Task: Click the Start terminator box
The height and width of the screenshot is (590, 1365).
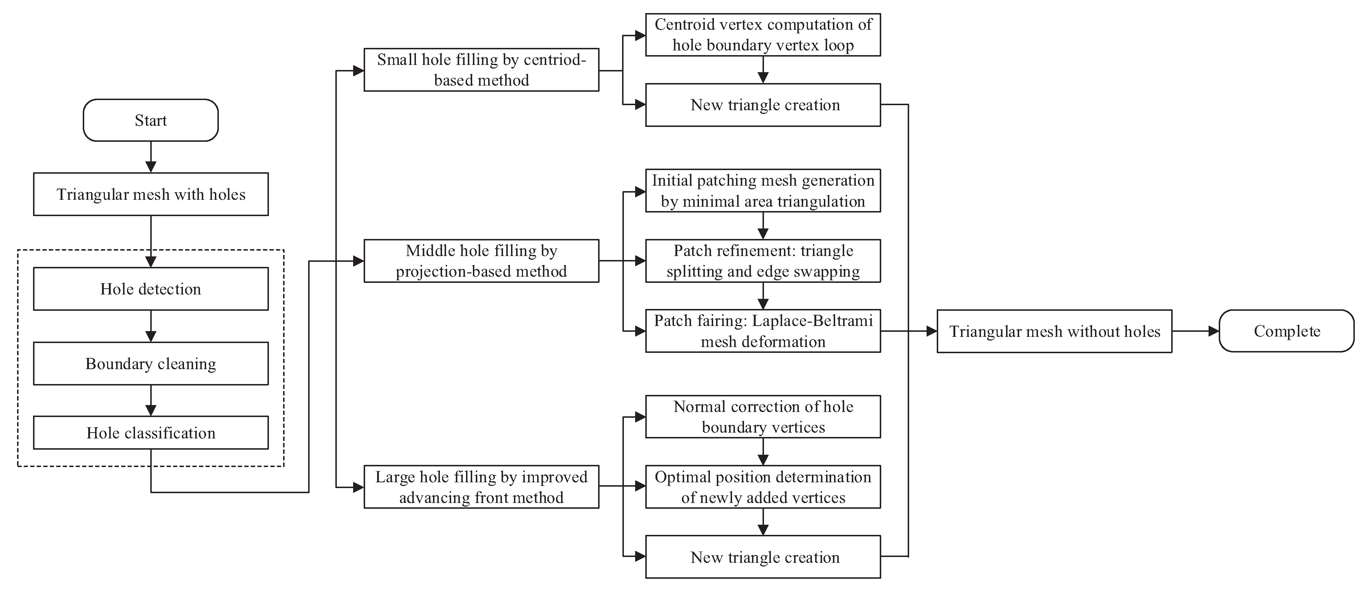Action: point(151,120)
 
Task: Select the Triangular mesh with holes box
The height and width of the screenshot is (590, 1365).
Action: point(151,194)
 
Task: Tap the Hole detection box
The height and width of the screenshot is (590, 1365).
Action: point(151,289)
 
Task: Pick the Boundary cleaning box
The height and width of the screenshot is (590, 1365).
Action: point(151,363)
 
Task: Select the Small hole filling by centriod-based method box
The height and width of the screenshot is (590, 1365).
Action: point(481,70)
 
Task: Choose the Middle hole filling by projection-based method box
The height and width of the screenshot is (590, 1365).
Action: point(481,261)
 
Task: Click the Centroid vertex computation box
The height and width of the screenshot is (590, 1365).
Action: point(763,35)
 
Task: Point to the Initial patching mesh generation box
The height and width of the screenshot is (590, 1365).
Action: point(763,191)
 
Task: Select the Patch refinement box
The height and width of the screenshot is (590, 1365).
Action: point(763,261)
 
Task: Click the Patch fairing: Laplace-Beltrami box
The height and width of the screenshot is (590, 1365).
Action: point(763,331)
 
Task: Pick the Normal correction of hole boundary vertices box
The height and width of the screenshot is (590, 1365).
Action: point(763,417)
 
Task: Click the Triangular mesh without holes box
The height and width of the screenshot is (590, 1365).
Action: point(1054,331)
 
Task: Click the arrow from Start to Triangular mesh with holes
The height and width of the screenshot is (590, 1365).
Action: point(151,157)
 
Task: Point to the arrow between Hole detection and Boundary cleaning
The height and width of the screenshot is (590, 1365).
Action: point(151,326)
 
